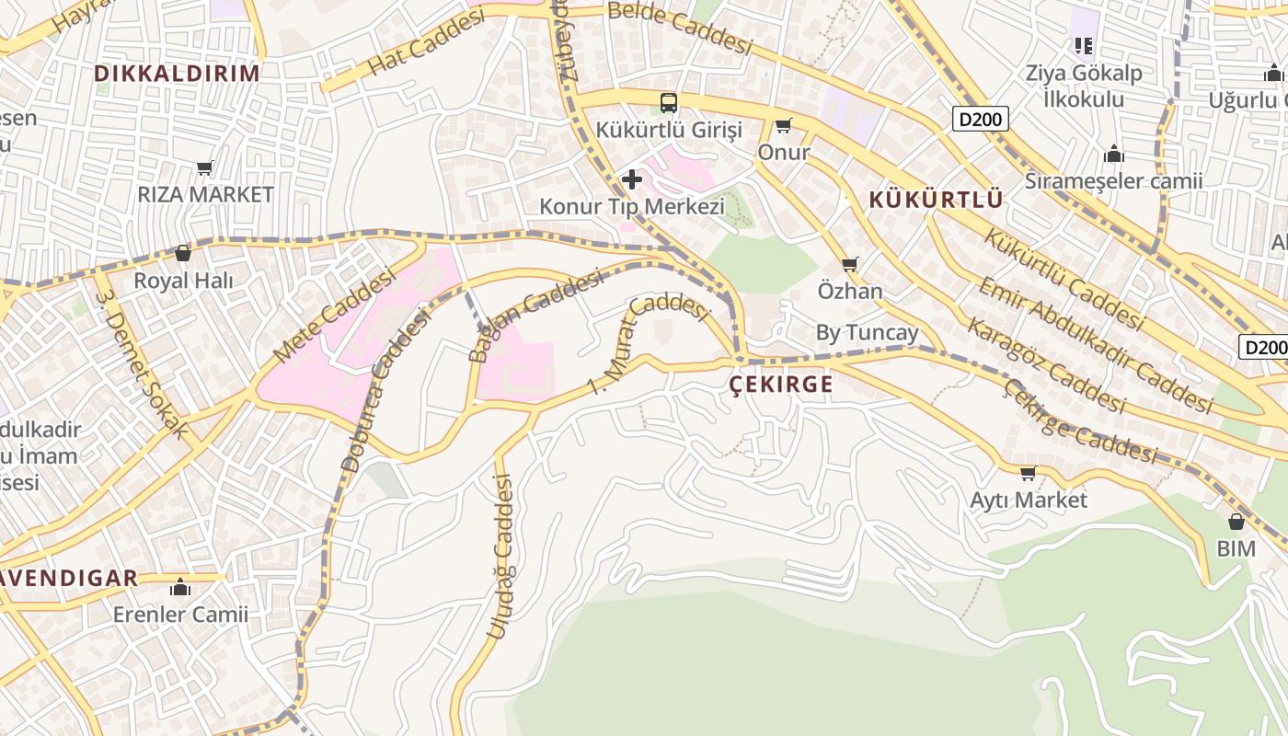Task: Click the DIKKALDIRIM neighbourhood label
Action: (178, 74)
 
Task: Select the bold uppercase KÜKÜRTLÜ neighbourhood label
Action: (935, 200)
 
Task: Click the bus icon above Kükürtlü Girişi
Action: (669, 103)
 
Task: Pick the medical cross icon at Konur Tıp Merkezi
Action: (632, 179)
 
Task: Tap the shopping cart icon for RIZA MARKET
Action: (205, 168)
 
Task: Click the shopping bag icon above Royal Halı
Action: (183, 253)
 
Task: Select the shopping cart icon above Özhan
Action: (850, 265)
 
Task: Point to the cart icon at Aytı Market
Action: (1028, 474)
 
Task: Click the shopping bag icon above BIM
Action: (1236, 523)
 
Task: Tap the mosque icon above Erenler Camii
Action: (180, 588)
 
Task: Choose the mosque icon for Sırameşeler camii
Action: (1114, 154)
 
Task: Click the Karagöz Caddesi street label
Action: (1045, 365)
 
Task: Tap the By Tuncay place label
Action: (867, 333)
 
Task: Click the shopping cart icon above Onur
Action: (783, 126)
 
